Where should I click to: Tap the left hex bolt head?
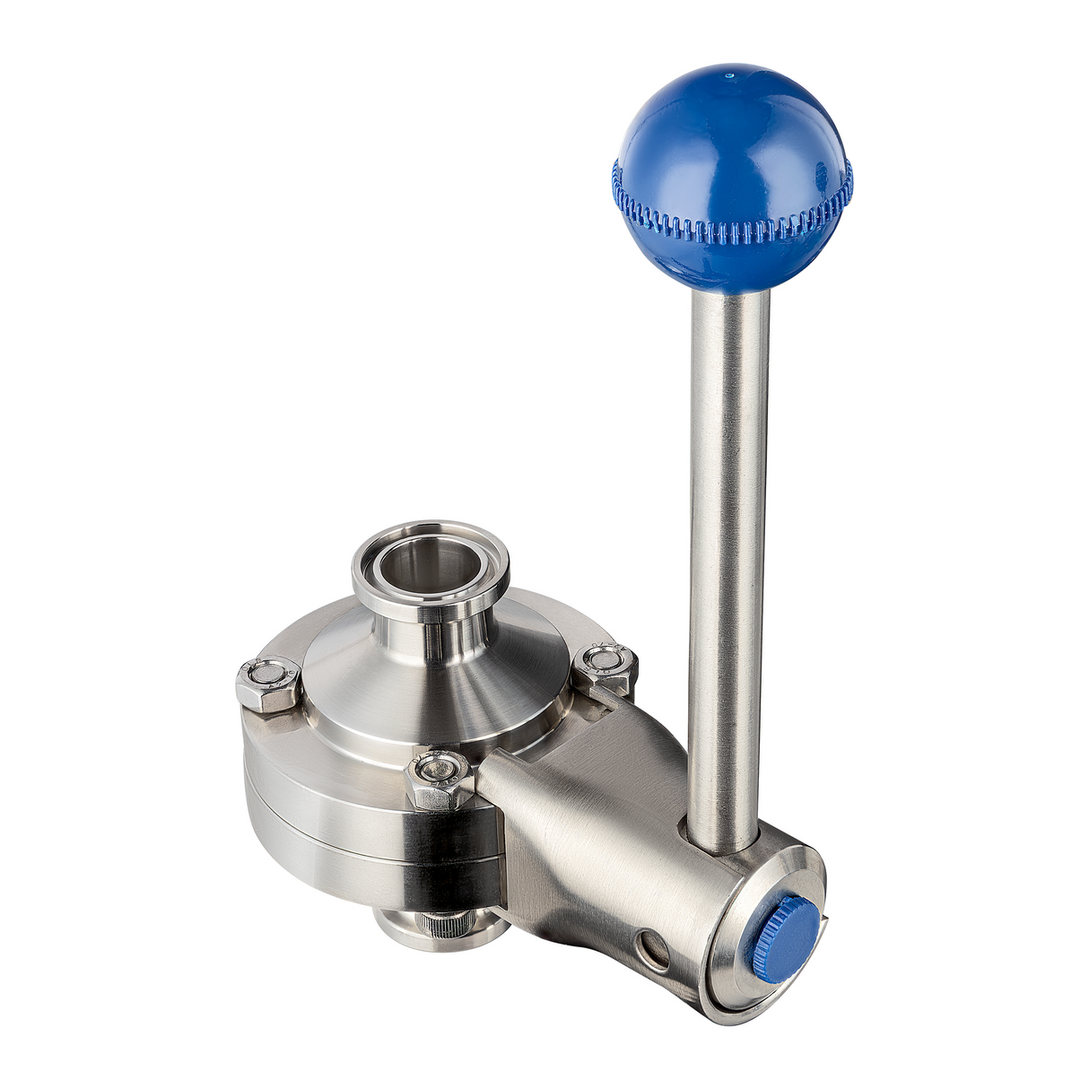pos(267,682)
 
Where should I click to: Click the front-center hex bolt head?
pos(438,775)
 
